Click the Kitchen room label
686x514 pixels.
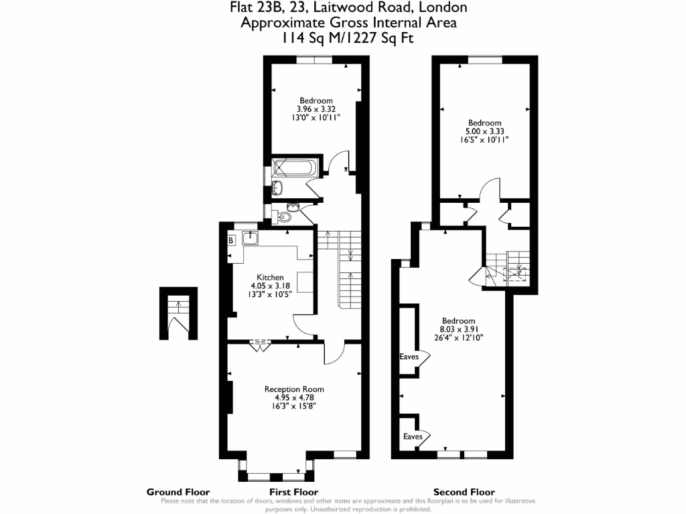[271, 277]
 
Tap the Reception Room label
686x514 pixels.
[294, 389]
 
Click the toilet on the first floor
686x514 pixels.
[285, 217]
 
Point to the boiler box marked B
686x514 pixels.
[231, 240]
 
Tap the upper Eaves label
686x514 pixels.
[409, 357]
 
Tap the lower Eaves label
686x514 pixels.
[413, 436]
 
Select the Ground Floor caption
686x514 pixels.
[178, 492]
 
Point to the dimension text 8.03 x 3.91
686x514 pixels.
[458, 329]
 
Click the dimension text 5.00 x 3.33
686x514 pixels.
[484, 131]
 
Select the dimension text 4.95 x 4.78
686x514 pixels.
[294, 397]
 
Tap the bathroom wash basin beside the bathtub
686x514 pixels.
[278, 187]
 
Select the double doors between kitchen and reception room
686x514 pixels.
[259, 345]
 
